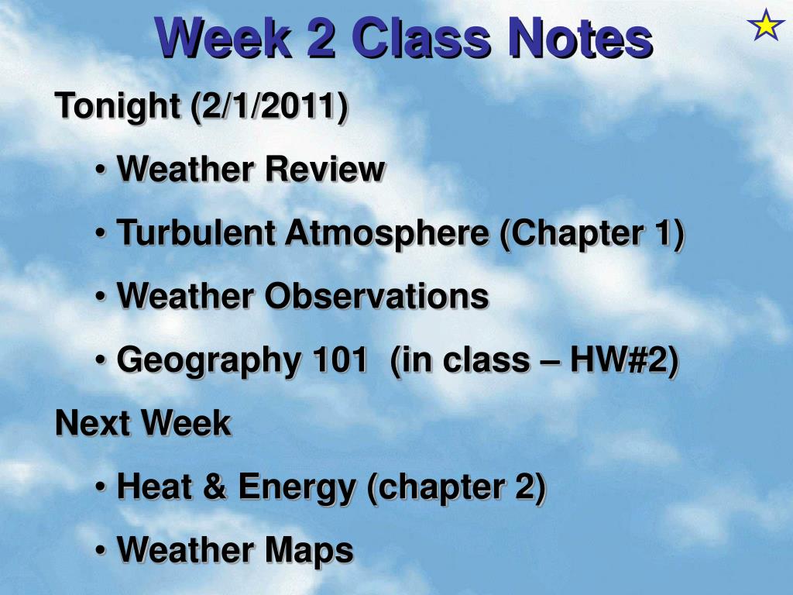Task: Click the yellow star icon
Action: (766, 26)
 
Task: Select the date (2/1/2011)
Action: (267, 105)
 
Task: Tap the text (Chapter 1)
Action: (592, 232)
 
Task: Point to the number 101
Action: (339, 359)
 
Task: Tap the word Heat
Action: (152, 487)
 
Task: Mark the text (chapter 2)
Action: (456, 487)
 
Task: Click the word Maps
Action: (309, 550)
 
